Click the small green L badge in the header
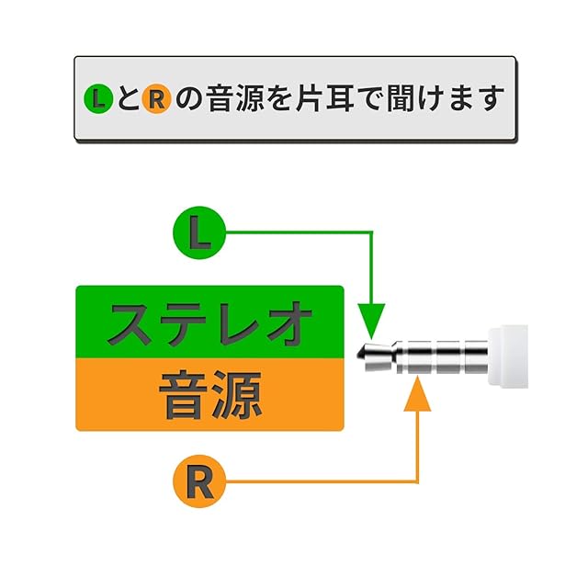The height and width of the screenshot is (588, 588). [98, 99]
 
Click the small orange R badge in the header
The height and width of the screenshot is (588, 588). [157, 99]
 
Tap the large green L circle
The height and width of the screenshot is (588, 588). [199, 232]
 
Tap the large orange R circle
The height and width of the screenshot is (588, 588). [199, 481]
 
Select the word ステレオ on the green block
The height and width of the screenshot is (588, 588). [210, 322]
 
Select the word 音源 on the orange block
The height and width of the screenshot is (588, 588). [210, 395]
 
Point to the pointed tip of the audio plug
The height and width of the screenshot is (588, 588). [358, 354]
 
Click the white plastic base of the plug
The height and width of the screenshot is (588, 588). [508, 356]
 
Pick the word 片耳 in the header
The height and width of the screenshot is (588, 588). [324, 98]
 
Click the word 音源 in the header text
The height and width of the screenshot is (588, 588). [235, 98]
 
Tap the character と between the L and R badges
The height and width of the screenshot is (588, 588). [128, 99]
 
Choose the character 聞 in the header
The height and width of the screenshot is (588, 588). [401, 98]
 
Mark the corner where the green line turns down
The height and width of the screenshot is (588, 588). [371, 232]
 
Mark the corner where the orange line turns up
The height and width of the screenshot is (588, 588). [417, 481]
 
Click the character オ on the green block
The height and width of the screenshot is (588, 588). [288, 322]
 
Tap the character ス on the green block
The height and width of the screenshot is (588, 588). [130, 323]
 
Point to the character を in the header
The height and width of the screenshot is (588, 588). [279, 99]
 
